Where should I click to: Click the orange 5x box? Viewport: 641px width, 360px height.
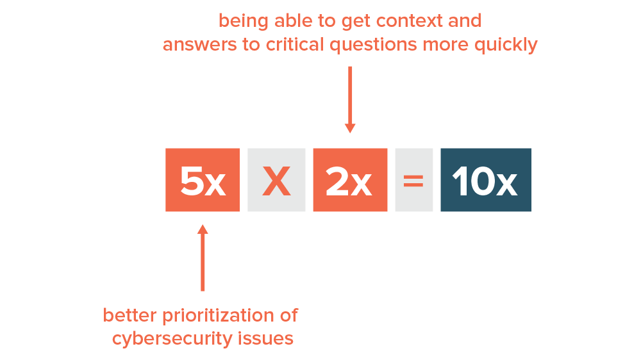[x=203, y=180]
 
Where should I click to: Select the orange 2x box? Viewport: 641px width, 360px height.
[x=350, y=180]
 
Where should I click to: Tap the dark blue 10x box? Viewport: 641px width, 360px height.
[x=486, y=180]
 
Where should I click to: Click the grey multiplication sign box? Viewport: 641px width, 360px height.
[x=276, y=180]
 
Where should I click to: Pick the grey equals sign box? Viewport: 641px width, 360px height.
[x=413, y=180]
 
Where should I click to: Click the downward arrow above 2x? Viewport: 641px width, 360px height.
[x=350, y=100]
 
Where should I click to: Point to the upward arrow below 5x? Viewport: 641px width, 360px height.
[x=203, y=258]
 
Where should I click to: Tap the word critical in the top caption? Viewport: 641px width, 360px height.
[x=295, y=45]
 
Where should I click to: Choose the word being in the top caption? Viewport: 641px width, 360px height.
[x=243, y=22]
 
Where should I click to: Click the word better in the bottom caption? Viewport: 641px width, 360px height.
[x=129, y=315]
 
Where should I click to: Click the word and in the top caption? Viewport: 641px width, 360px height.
[x=465, y=21]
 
